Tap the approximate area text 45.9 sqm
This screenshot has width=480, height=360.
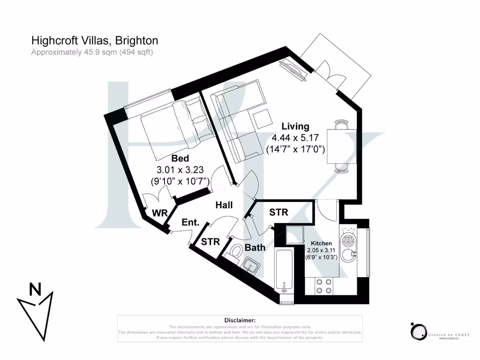tap(92, 52)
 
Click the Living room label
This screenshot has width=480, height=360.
tap(295, 126)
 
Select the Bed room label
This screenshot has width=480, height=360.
tap(180, 158)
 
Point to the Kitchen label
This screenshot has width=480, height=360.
tap(322, 243)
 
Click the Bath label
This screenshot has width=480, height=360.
tap(255, 247)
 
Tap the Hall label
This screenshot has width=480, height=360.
tap(224, 205)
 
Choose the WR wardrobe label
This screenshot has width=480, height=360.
tap(159, 213)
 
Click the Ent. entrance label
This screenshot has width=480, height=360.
tap(190, 223)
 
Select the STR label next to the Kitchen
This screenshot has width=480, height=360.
tap(278, 212)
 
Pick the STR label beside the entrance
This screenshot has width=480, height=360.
tap(210, 242)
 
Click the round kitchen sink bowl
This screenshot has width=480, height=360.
tap(347, 255)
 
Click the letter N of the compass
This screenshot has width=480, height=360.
tap(35, 289)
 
